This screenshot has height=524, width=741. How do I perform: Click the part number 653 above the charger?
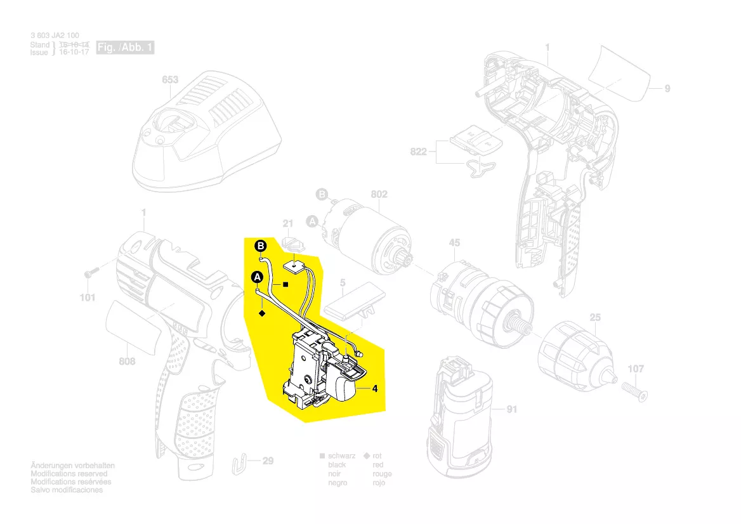pos(171,80)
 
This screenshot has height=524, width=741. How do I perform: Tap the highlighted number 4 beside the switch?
pos(375,390)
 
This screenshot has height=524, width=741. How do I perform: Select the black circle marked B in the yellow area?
pos(261,246)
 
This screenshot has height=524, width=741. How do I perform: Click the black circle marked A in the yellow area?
pos(257,277)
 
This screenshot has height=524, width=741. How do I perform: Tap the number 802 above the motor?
pos(379,194)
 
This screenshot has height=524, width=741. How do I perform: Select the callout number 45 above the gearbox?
pos(454,242)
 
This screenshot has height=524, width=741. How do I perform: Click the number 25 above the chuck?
pos(595,317)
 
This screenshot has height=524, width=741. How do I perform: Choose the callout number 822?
pos(419,152)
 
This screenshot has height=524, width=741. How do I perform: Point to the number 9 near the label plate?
pos(667,89)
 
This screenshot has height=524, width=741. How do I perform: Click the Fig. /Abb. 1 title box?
pos(125,48)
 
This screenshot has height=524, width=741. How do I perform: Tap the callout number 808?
pos(127,362)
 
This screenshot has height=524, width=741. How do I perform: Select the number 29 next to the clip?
pos(268,461)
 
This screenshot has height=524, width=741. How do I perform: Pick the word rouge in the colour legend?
pos(382,474)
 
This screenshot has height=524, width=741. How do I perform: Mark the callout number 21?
pos(288,223)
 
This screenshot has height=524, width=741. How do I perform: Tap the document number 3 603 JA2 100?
pos(55,36)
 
